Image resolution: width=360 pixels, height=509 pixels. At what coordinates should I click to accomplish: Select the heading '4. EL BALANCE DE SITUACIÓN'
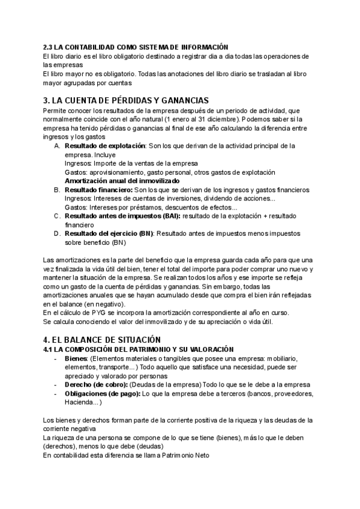(102, 339)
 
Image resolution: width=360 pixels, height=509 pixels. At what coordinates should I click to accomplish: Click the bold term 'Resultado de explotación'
(105, 146)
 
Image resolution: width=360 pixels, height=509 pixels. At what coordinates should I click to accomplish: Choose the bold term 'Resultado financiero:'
(98, 190)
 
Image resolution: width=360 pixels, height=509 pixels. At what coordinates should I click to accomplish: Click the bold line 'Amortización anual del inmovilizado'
(122, 181)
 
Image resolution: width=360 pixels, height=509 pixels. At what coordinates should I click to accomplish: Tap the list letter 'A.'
(56, 146)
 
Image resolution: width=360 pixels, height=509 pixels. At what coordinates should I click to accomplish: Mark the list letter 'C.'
(56, 215)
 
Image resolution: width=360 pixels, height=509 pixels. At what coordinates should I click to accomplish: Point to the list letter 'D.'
(56, 233)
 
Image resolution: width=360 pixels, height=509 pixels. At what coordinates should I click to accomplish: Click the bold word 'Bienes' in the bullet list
(76, 358)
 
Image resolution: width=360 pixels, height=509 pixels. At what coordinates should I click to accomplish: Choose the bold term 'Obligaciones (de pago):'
(103, 394)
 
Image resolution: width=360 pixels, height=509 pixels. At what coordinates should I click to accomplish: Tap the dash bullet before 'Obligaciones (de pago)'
(55, 394)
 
